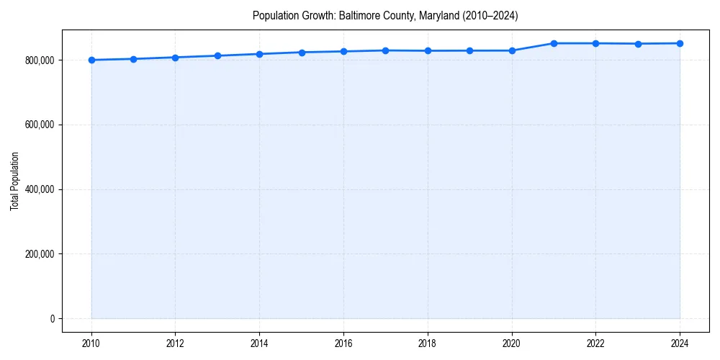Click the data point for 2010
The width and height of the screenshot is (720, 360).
(91, 60)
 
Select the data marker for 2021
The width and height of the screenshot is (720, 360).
(554, 43)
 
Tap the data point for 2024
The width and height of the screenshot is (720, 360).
(680, 43)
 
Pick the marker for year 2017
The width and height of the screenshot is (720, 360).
(385, 50)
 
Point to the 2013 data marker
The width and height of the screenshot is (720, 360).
(217, 55)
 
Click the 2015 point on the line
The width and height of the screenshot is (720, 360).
(302, 53)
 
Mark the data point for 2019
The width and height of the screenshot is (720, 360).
(469, 50)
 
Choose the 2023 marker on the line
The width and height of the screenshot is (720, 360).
(638, 44)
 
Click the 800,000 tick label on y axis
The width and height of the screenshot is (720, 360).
(39, 60)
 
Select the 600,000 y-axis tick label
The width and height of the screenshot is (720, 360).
(39, 125)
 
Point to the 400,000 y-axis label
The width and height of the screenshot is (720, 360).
(39, 190)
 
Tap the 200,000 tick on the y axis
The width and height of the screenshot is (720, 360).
(39, 254)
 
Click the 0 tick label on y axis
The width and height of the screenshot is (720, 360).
(53, 319)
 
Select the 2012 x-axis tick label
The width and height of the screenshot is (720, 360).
(175, 343)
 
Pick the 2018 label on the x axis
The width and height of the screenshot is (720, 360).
(428, 343)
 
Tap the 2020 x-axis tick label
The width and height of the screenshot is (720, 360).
(512, 343)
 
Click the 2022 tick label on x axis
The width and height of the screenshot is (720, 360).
(595, 343)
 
